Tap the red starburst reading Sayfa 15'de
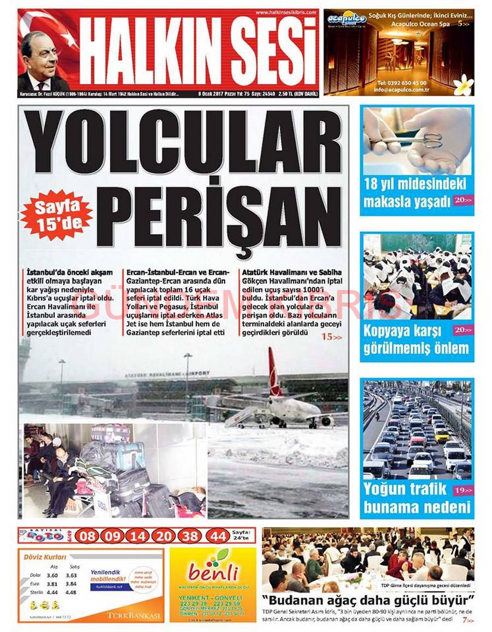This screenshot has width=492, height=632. click(x=56, y=215)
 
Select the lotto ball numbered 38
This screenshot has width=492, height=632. click(x=191, y=536)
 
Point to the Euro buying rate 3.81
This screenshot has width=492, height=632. click(x=52, y=583)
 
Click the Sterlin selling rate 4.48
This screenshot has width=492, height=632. click(x=71, y=592)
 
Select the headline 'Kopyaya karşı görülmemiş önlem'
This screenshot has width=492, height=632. click(x=415, y=340)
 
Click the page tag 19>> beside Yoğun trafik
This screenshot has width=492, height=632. click(x=462, y=491)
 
